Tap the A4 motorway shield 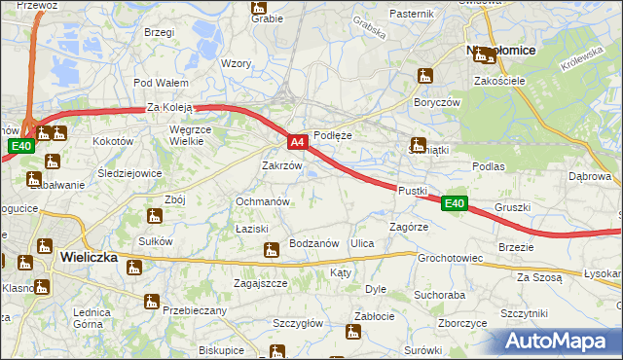pos(299,142)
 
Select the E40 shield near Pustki pos(454,203)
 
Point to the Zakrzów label pos(282,165)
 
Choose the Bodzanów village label pos(313,243)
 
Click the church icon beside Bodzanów pos(271,251)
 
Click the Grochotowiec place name pos(451,259)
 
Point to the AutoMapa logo pos(561,341)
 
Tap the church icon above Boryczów pos(424,76)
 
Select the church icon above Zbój pos(154,217)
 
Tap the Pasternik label pos(411,14)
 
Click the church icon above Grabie pos(259,9)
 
